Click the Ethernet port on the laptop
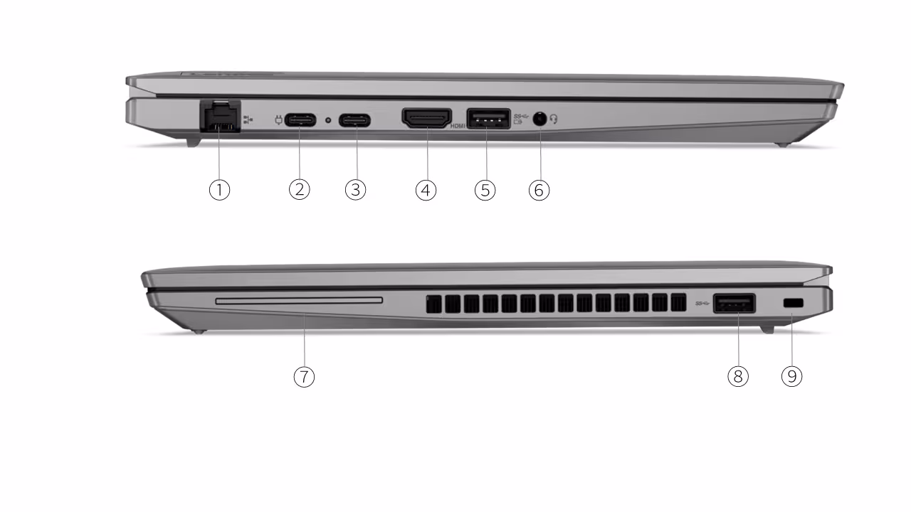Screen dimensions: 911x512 coord(221,116)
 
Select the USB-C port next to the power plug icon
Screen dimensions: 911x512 coord(300,120)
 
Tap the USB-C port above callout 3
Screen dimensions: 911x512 coord(354,120)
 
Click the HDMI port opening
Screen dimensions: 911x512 coord(426,118)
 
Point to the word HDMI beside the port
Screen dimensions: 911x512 coord(458,127)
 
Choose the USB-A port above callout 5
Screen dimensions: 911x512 coord(488,119)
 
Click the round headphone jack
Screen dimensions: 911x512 coord(539,119)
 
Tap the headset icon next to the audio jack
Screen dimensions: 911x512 coord(554,119)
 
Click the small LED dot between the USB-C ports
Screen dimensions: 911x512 coord(328,120)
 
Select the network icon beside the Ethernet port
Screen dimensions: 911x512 coord(248,119)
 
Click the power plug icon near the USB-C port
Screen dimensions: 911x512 coord(278,120)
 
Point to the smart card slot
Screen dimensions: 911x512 coord(299,301)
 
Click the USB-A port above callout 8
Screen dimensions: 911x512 coord(734,303)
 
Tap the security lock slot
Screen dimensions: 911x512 coord(793,303)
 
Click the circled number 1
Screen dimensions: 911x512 coord(220,190)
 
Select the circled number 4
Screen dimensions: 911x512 coord(426,190)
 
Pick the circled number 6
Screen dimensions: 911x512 coord(539,190)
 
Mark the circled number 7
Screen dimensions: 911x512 coord(304,377)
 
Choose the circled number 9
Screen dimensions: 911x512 coord(792,376)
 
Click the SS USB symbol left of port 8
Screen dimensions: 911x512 coord(702,303)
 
